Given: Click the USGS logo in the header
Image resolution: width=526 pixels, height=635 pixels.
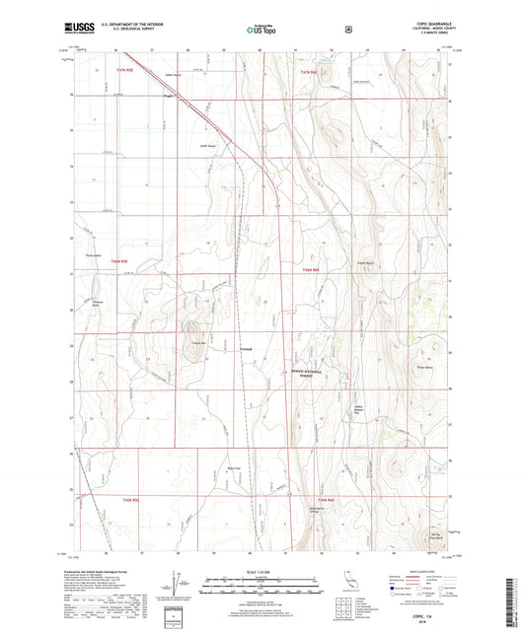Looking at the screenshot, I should point(76,30).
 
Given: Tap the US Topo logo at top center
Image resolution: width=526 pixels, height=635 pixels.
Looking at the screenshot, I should point(262,30).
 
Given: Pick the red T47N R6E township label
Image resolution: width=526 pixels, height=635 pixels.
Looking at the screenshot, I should point(311,73).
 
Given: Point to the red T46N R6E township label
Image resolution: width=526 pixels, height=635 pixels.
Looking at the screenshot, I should point(311,269).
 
